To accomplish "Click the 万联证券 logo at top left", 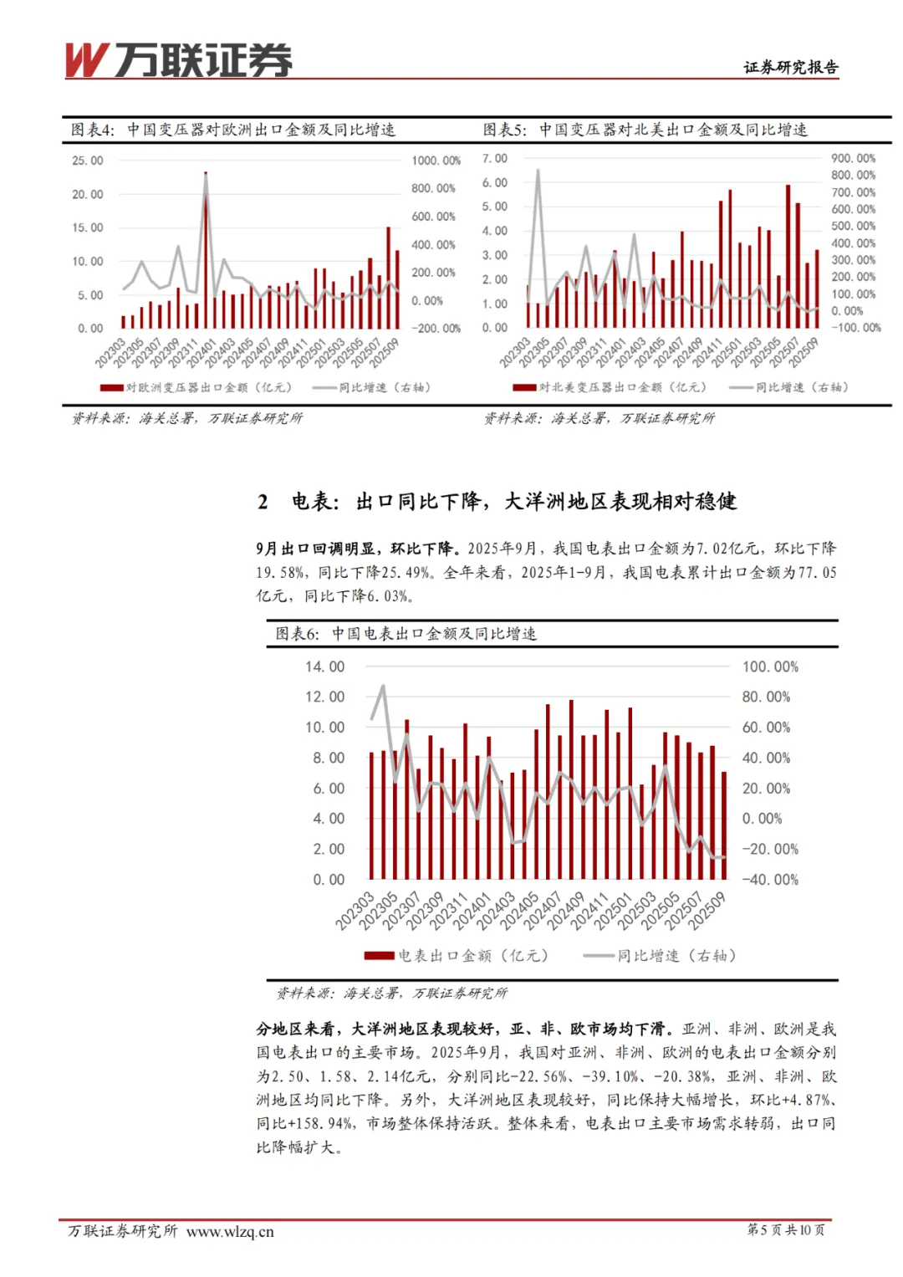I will coord(179,60).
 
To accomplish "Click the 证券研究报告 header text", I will coord(790,68).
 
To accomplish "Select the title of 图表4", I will coord(233,130).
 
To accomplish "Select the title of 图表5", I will coord(645,130).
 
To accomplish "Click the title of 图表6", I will coord(406,634).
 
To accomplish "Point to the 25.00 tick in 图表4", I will coord(88,161).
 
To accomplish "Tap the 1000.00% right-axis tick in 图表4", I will coord(436,161).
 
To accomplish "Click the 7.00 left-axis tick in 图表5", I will coord(495,158).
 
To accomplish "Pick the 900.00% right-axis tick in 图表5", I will coord(853,158).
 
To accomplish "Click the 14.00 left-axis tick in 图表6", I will coord(324,667).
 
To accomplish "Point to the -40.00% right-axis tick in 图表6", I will coord(770,879).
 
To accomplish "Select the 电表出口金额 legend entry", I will coord(457,955).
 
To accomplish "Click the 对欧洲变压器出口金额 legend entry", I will coord(197,387).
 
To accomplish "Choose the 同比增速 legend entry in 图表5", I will coord(790,387).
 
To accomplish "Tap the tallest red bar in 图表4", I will coord(206,251).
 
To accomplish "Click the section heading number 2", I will coord(263,502).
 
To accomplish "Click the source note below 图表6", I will coord(392,993).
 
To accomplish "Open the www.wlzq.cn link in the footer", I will coord(230,1231).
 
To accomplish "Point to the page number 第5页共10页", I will coord(785,1229).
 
